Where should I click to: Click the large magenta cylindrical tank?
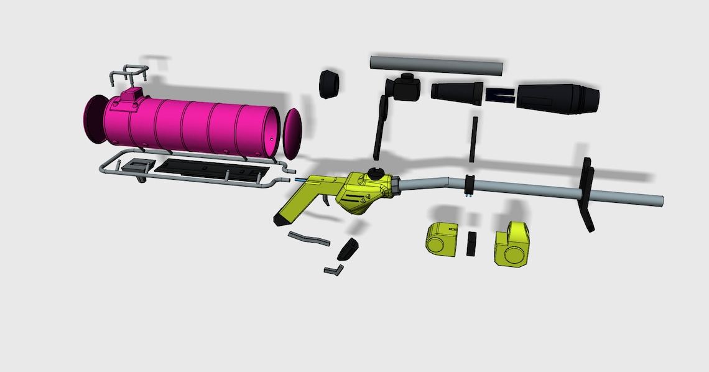point(199,128)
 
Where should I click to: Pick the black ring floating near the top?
point(330,84)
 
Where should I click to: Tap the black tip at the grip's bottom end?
point(278,220)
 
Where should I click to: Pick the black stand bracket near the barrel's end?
point(586,193)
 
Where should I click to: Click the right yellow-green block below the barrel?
point(513,243)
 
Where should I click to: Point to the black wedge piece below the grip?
point(348,249)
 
